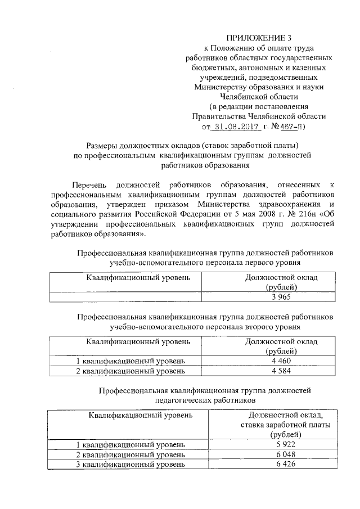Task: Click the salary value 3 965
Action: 281,298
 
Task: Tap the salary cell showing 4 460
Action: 281,361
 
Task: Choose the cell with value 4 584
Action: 281,371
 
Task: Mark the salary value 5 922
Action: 280,444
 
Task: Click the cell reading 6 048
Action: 280,454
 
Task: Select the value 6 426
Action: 280,465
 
